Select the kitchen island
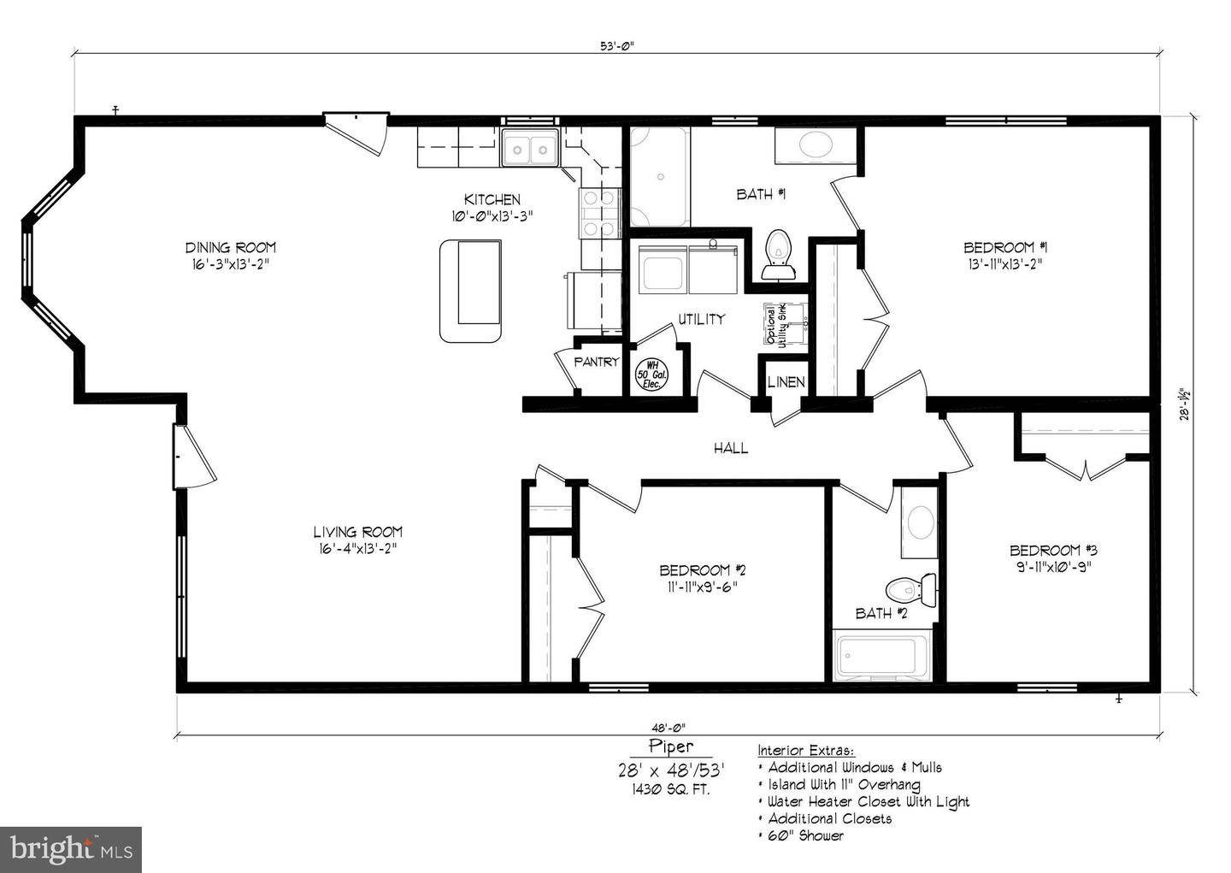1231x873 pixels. click(470, 291)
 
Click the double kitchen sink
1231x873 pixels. click(529, 149)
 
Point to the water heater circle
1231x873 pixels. click(652, 374)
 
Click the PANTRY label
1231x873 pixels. click(596, 362)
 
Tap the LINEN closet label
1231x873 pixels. click(785, 382)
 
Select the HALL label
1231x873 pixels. click(731, 447)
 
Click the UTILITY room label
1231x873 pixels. click(701, 319)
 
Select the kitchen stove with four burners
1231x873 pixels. click(599, 212)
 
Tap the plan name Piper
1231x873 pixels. click(670, 746)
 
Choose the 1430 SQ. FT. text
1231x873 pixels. click(670, 789)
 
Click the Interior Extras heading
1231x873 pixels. click(805, 751)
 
